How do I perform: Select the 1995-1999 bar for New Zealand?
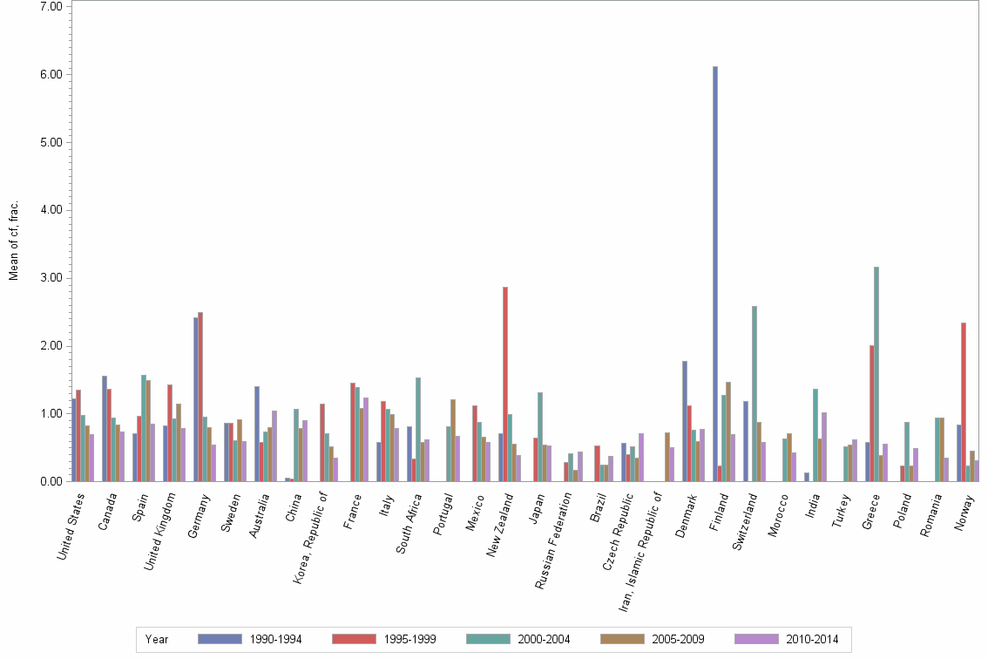coord(505,384)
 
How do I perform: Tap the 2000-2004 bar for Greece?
coord(876,374)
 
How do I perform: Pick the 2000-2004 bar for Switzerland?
coord(755,393)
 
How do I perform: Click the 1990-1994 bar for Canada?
coord(105,428)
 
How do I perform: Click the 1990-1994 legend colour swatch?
coord(220,639)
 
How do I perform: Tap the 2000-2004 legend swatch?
coord(489,639)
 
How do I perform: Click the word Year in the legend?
coord(157,639)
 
